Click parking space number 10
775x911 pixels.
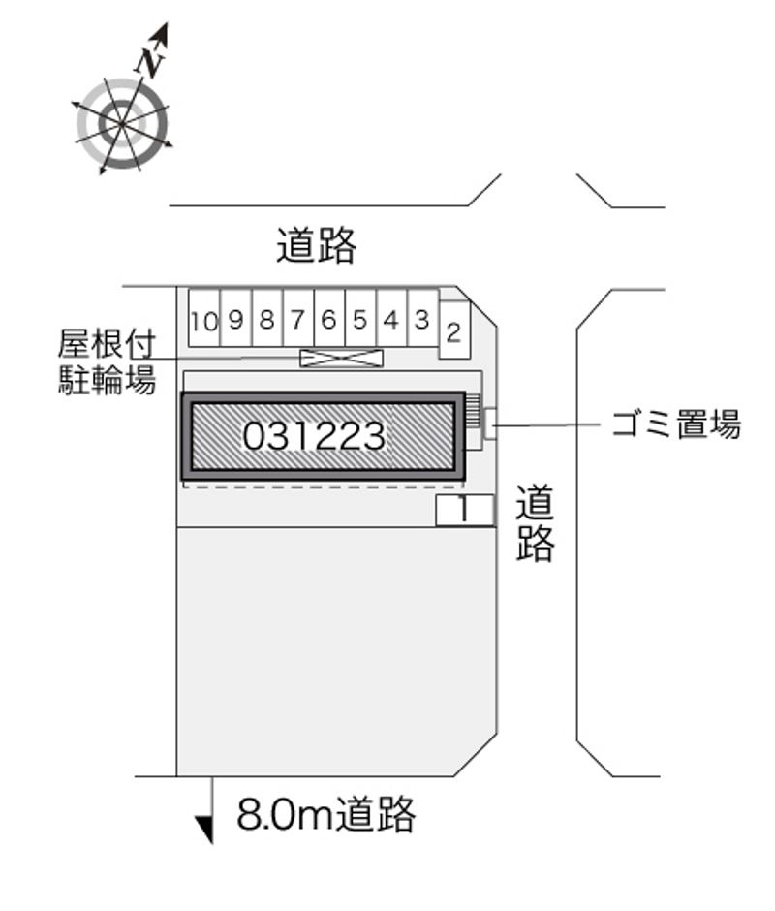pyautogui.click(x=203, y=319)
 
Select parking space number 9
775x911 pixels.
pyautogui.click(x=235, y=319)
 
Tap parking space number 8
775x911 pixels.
pyautogui.click(x=267, y=319)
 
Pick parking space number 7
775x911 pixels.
pyautogui.click(x=298, y=319)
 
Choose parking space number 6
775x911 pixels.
pyautogui.click(x=329, y=319)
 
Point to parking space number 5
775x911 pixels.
pyautogui.click(x=360, y=319)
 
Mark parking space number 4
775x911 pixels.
pyautogui.click(x=392, y=319)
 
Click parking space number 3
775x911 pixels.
pyautogui.click(x=423, y=319)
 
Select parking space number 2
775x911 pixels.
pyautogui.click(x=454, y=330)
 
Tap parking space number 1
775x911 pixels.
pyautogui.click(x=465, y=511)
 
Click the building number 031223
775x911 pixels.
pyautogui.click(x=314, y=436)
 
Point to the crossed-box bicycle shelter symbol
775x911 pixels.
pyautogui.click(x=342, y=358)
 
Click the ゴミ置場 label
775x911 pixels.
pyautogui.click(x=676, y=424)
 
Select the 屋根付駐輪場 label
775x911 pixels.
pyautogui.click(x=107, y=362)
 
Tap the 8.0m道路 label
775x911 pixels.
pyautogui.click(x=325, y=814)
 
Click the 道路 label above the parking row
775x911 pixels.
pyautogui.click(x=316, y=245)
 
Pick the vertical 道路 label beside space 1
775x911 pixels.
pyautogui.click(x=535, y=523)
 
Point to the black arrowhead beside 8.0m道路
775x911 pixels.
pyautogui.click(x=204, y=830)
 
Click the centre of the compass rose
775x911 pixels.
pyautogui.click(x=122, y=123)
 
